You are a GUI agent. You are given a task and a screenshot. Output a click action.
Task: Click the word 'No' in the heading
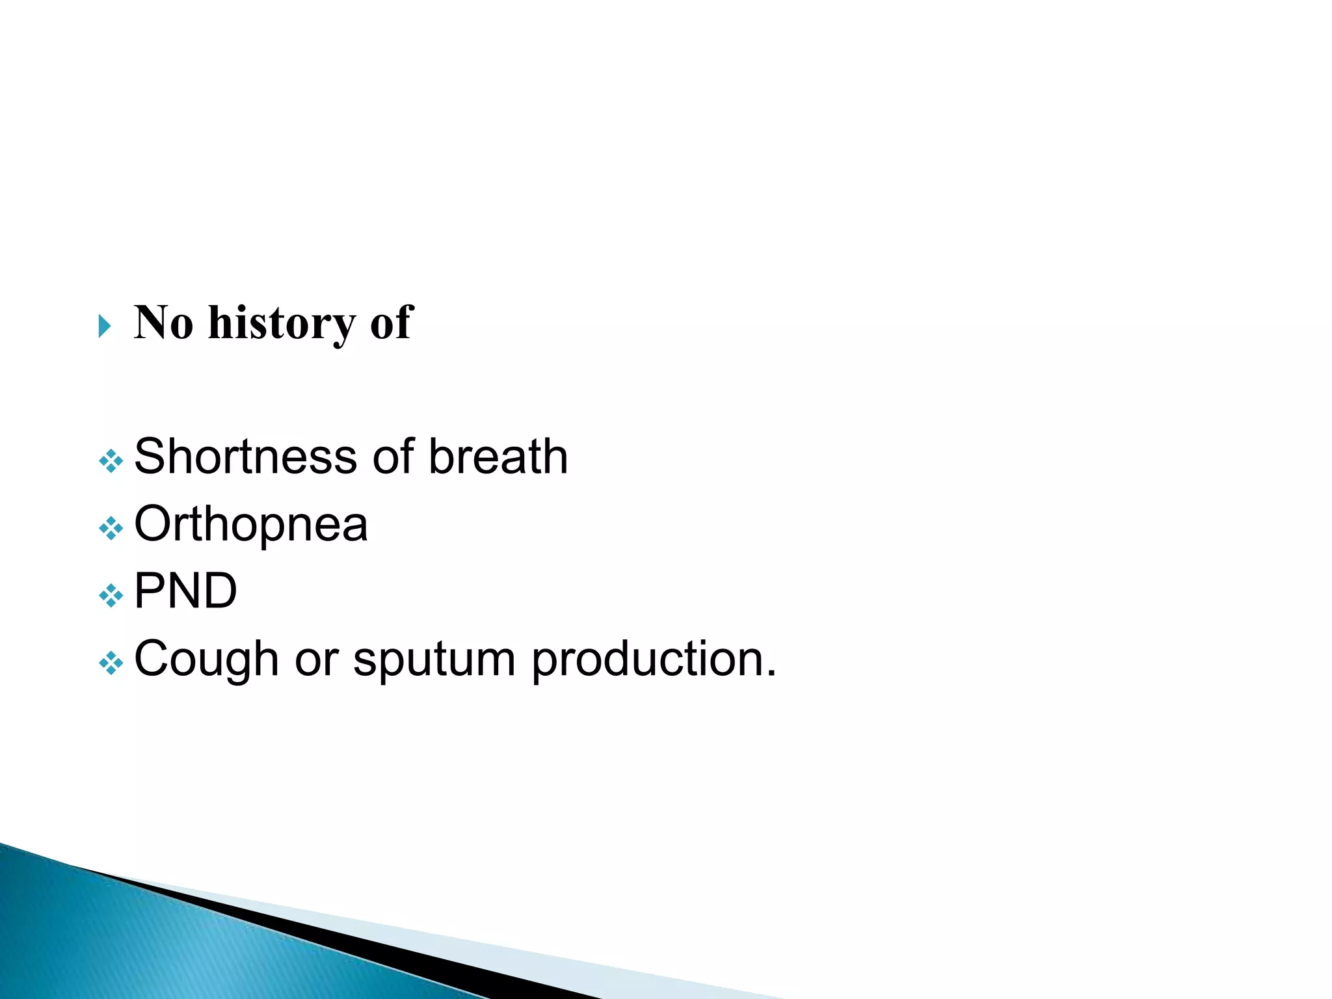[163, 323]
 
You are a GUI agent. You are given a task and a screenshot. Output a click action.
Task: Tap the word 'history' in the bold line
[282, 324]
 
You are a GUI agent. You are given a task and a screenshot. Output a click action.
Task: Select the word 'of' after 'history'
[392, 323]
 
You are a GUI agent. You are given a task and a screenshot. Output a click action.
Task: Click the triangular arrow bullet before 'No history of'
[105, 325]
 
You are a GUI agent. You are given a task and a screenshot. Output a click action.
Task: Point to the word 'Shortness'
[245, 457]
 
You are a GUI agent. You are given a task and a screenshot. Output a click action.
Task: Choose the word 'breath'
[498, 457]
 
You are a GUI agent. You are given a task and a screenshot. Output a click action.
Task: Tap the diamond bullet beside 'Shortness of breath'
[111, 461]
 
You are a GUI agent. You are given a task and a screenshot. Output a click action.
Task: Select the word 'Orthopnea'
[250, 524]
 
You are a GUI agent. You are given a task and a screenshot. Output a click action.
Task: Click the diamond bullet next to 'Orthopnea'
[111, 528]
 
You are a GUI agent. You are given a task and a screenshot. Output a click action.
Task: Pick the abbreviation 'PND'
[185, 591]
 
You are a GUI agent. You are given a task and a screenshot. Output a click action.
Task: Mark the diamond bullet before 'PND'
[111, 596]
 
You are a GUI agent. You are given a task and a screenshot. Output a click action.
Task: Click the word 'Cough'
[206, 659]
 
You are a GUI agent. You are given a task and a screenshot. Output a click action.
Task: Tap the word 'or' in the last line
[317, 659]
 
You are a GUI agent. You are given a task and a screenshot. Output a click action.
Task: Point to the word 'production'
[647, 659]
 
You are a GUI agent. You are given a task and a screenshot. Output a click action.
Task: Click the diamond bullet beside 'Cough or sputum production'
[111, 663]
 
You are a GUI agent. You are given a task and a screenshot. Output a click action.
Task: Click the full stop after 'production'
[771, 674]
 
